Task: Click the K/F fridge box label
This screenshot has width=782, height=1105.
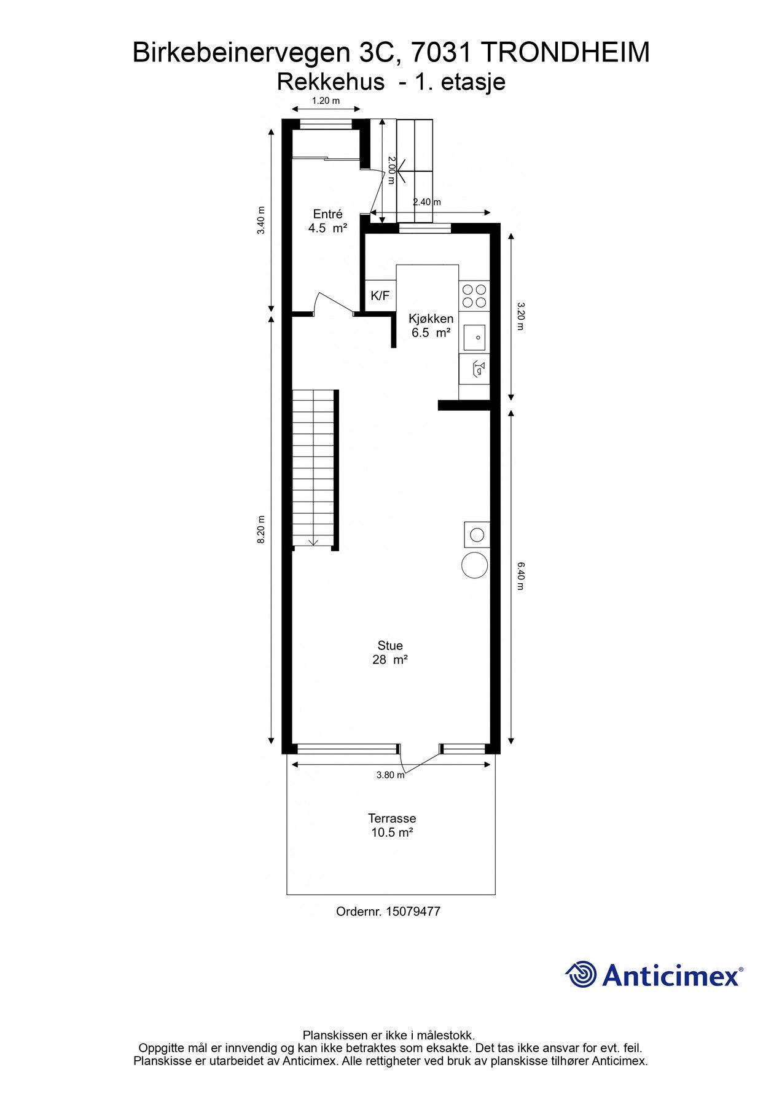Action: (380, 296)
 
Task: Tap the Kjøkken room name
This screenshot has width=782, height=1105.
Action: (431, 319)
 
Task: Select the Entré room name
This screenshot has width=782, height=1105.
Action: (327, 214)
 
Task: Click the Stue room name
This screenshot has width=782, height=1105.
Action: (390, 646)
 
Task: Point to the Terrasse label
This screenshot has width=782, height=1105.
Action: (392, 818)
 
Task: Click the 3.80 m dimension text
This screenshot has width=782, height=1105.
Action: (390, 775)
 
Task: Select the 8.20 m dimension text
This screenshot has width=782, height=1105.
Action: (261, 529)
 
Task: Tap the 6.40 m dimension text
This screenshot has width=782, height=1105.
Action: (520, 576)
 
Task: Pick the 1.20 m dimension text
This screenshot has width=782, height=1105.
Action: (326, 101)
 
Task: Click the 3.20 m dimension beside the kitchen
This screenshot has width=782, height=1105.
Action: (520, 316)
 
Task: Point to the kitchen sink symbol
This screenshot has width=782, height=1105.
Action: (474, 338)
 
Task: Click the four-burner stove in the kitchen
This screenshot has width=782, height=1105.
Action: (474, 295)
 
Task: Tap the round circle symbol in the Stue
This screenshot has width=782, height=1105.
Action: (475, 565)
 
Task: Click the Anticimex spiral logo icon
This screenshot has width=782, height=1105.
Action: (581, 974)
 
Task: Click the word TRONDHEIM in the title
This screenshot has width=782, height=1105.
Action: (565, 53)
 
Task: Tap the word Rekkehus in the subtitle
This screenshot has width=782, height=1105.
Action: (330, 82)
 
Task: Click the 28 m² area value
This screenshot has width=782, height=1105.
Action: (390, 660)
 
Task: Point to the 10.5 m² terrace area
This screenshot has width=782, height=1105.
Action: (392, 833)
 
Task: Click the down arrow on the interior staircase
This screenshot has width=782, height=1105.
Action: (314, 541)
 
